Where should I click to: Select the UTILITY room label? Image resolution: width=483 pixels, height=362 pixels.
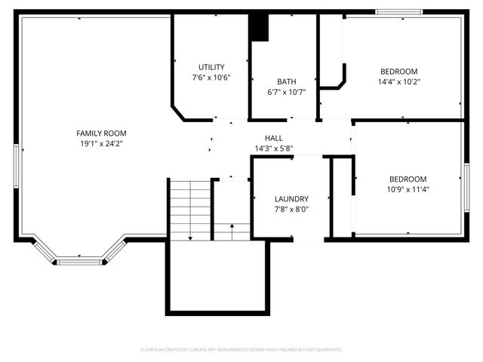(x=211, y=67)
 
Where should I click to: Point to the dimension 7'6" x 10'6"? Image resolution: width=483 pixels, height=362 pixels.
(x=211, y=78)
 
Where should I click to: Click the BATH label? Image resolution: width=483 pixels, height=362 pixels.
(x=286, y=81)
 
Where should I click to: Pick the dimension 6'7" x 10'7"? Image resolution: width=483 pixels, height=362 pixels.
(x=286, y=92)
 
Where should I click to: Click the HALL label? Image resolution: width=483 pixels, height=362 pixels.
(x=274, y=138)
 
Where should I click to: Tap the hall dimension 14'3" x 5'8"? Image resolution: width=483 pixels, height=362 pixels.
(x=274, y=149)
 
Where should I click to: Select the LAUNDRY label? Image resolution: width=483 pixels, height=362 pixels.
(x=291, y=198)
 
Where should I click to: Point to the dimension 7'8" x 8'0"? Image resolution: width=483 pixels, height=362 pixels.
(x=291, y=209)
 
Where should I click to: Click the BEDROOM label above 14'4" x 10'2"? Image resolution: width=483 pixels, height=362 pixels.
(x=398, y=72)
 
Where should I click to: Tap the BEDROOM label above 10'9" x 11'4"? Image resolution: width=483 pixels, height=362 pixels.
(x=408, y=179)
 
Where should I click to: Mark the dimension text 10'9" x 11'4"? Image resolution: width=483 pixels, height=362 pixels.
(x=408, y=189)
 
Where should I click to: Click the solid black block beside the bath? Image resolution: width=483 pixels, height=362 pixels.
(x=259, y=28)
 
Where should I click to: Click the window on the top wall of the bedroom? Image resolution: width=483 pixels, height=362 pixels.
(x=400, y=11)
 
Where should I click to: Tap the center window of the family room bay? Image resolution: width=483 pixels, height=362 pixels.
(x=79, y=262)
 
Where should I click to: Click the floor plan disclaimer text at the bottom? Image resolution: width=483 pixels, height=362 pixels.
(x=241, y=350)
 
